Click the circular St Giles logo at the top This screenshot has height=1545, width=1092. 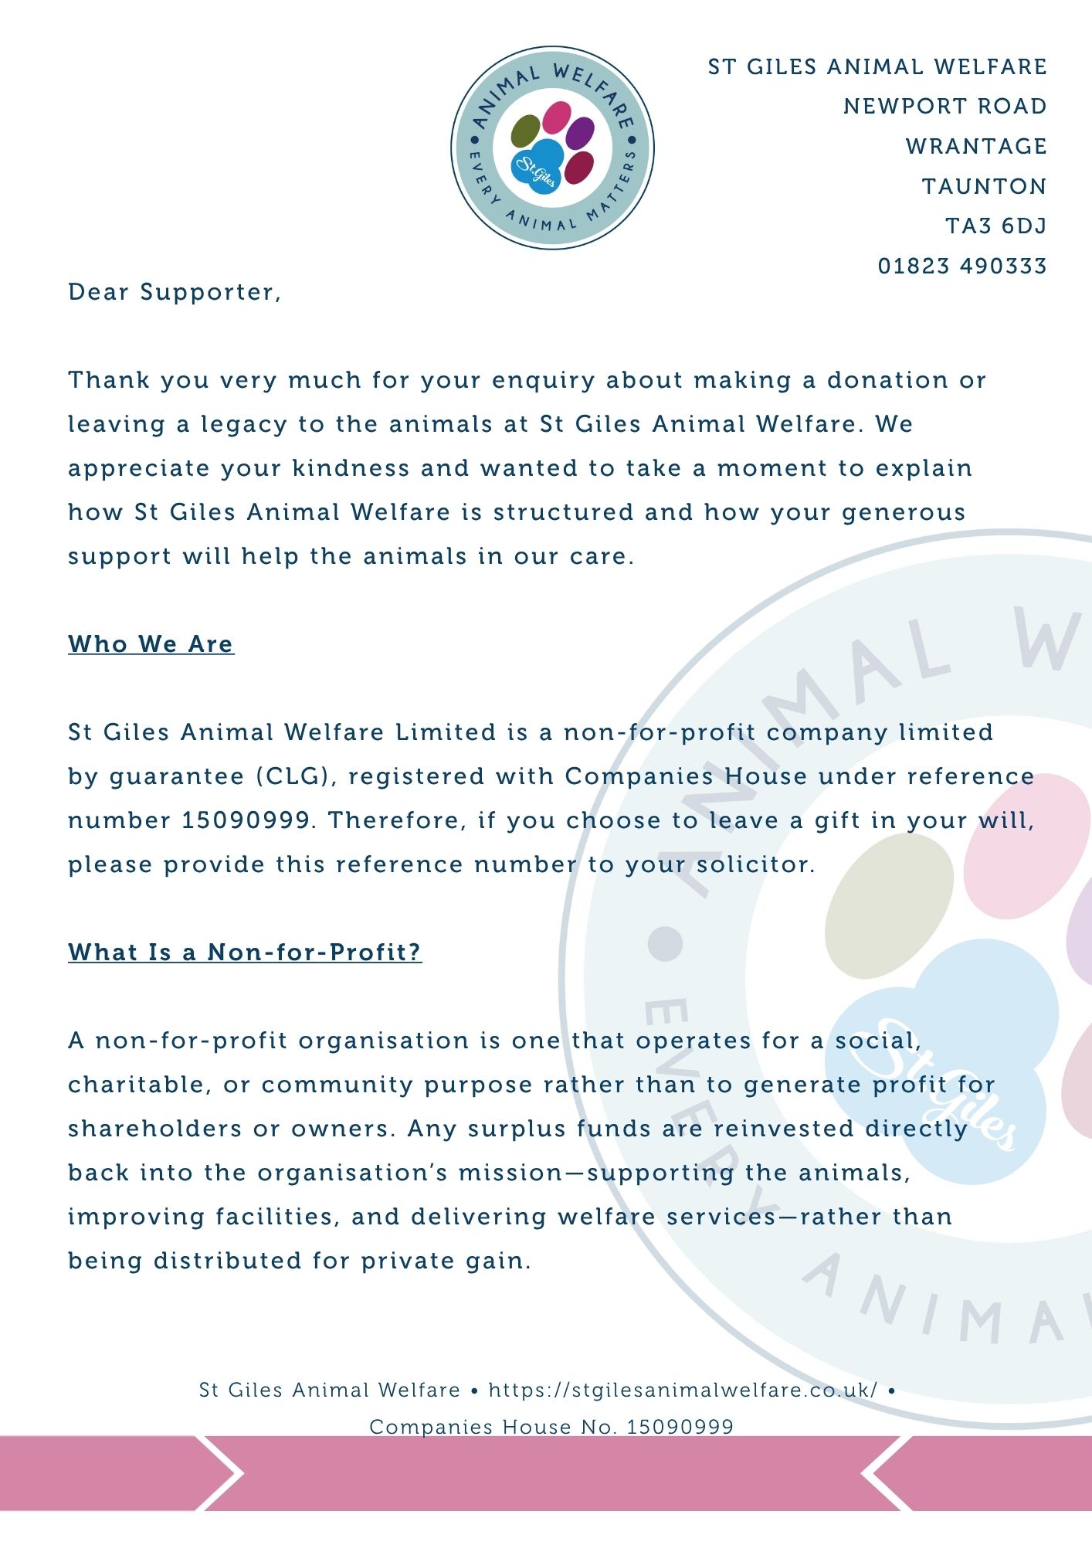[552, 148]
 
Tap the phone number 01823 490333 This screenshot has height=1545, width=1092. [961, 266]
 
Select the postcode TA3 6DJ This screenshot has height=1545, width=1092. [995, 226]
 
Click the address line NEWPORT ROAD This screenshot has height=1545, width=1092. [944, 106]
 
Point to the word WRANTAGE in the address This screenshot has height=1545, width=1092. [975, 146]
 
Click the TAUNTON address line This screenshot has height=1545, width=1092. [984, 186]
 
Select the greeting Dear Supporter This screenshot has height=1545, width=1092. [174, 292]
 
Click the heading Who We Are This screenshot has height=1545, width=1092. [151, 644]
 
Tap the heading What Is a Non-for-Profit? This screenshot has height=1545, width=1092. [245, 952]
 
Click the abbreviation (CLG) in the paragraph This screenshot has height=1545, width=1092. [297, 776]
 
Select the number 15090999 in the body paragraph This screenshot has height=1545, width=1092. [246, 820]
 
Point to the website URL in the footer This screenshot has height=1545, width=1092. [683, 1390]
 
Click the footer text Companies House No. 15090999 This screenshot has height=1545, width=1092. [551, 1427]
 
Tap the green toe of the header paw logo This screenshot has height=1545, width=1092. [526, 131]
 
